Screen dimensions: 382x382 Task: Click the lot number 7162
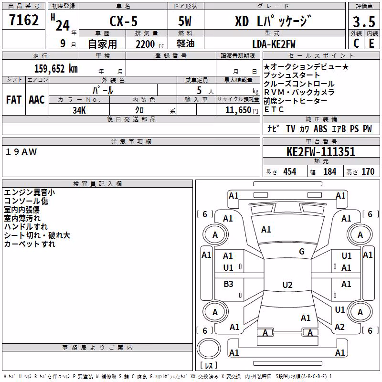tap(24, 20)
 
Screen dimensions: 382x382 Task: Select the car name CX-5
tap(124, 21)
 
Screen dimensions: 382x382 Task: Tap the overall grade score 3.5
tap(364, 21)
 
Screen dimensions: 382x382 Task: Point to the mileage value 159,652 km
tap(56, 69)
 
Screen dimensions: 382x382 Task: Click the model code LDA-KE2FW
tap(274, 44)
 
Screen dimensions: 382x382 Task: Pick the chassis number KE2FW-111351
tap(321, 152)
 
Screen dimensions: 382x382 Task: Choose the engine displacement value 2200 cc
tap(150, 44)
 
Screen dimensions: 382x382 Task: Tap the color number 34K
tap(79, 110)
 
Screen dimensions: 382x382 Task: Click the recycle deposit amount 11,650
tap(238, 110)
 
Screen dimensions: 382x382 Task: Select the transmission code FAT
tap(14, 100)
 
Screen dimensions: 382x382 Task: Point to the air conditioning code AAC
tap(37, 100)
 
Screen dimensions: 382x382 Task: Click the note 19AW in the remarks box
tap(21, 152)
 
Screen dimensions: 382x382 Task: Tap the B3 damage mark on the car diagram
tap(228, 284)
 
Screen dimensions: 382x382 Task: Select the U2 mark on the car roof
tap(287, 285)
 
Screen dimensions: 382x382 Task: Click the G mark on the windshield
tap(302, 252)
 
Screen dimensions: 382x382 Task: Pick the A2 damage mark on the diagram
tap(340, 327)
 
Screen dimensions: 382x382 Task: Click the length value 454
tap(290, 172)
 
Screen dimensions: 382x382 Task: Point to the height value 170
tap(368, 172)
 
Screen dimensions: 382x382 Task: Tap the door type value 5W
tap(185, 21)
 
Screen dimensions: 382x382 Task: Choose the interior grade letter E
tap(371, 43)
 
